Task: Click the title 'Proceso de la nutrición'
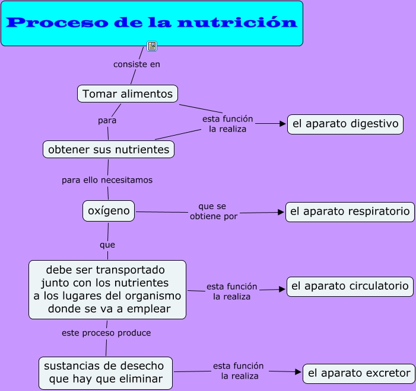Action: [x=152, y=23]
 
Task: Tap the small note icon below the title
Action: [x=152, y=46]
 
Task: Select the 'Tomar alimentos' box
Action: [x=128, y=94]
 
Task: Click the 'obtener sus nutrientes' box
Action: [x=109, y=149]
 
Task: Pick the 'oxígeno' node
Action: [x=109, y=211]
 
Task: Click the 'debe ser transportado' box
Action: [x=107, y=289]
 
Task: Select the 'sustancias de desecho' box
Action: [x=106, y=373]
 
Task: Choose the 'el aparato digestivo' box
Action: [x=345, y=124]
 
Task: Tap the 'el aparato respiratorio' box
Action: [x=350, y=211]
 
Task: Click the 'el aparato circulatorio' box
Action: [x=350, y=286]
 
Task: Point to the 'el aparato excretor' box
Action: [x=359, y=373]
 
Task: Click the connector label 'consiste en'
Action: [x=136, y=64]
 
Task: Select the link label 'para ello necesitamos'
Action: [x=107, y=180]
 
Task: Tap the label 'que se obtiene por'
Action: [x=213, y=211]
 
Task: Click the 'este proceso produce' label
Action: [x=106, y=333]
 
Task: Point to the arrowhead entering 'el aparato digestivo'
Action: [x=282, y=124]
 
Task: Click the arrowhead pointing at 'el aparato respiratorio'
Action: [x=281, y=211]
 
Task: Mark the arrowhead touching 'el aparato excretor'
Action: [x=298, y=372]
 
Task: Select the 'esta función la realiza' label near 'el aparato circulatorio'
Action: [x=231, y=291]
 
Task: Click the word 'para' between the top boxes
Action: [x=107, y=120]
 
